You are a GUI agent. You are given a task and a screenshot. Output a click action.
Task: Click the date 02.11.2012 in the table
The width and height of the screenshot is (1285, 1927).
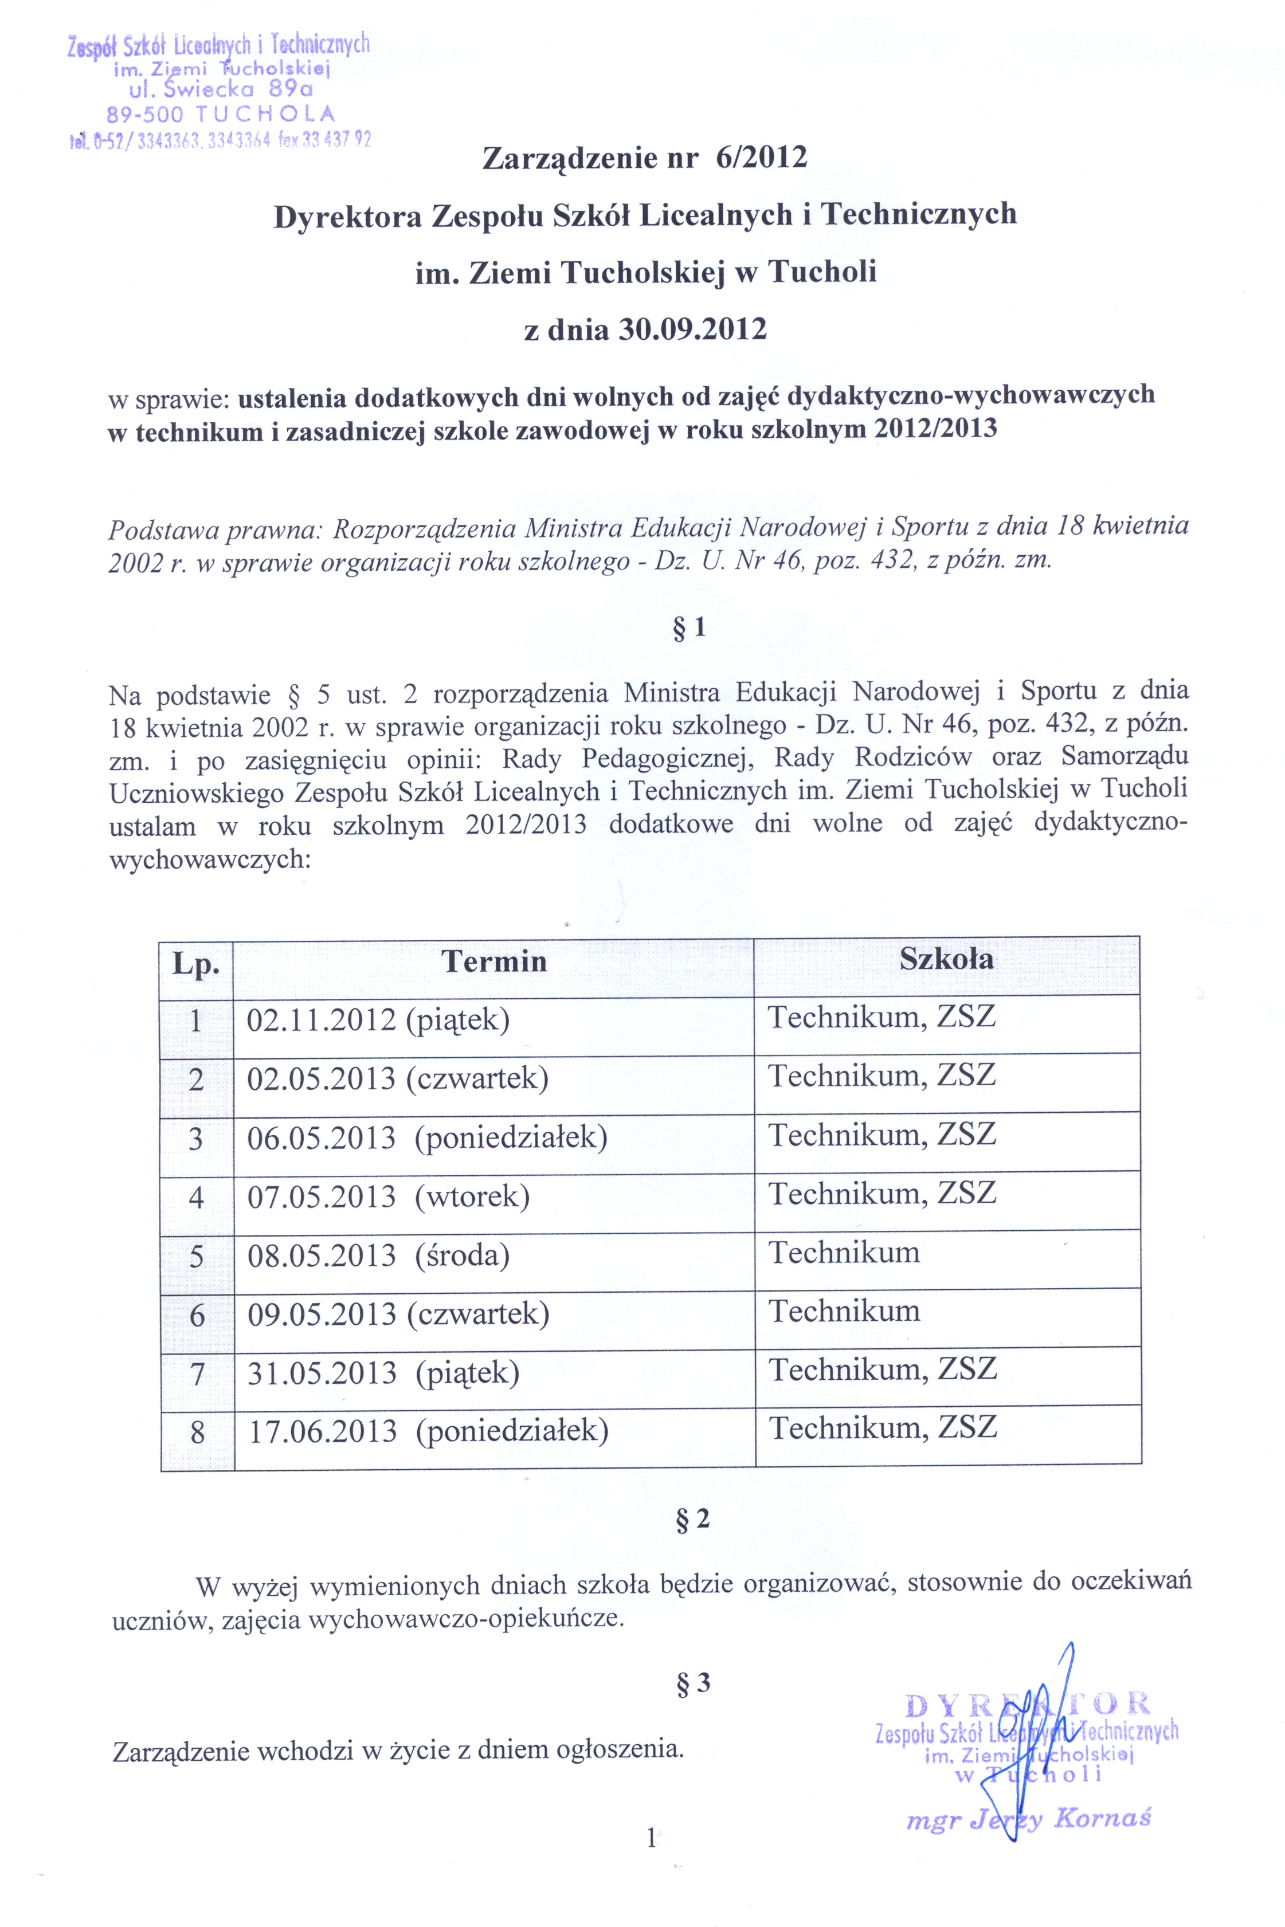320,1020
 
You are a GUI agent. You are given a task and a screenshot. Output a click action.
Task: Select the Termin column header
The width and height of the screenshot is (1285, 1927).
493,961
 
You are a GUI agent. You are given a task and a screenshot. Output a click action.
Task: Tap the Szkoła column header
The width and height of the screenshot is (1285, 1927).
946,959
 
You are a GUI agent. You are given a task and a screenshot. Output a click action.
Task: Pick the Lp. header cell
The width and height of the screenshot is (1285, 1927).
196,964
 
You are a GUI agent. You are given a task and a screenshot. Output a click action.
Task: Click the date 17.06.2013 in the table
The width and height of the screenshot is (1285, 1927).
323,1431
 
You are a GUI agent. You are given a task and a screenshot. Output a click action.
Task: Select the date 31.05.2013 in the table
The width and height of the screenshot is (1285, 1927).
322,1372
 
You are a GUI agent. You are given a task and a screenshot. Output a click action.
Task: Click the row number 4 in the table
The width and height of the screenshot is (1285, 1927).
197,1197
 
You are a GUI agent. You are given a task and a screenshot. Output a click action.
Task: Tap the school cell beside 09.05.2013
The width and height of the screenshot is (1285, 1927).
844,1311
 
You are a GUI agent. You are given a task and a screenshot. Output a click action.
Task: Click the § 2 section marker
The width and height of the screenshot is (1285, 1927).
692,1519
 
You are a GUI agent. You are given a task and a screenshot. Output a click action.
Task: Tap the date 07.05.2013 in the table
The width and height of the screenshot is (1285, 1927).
322,1197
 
